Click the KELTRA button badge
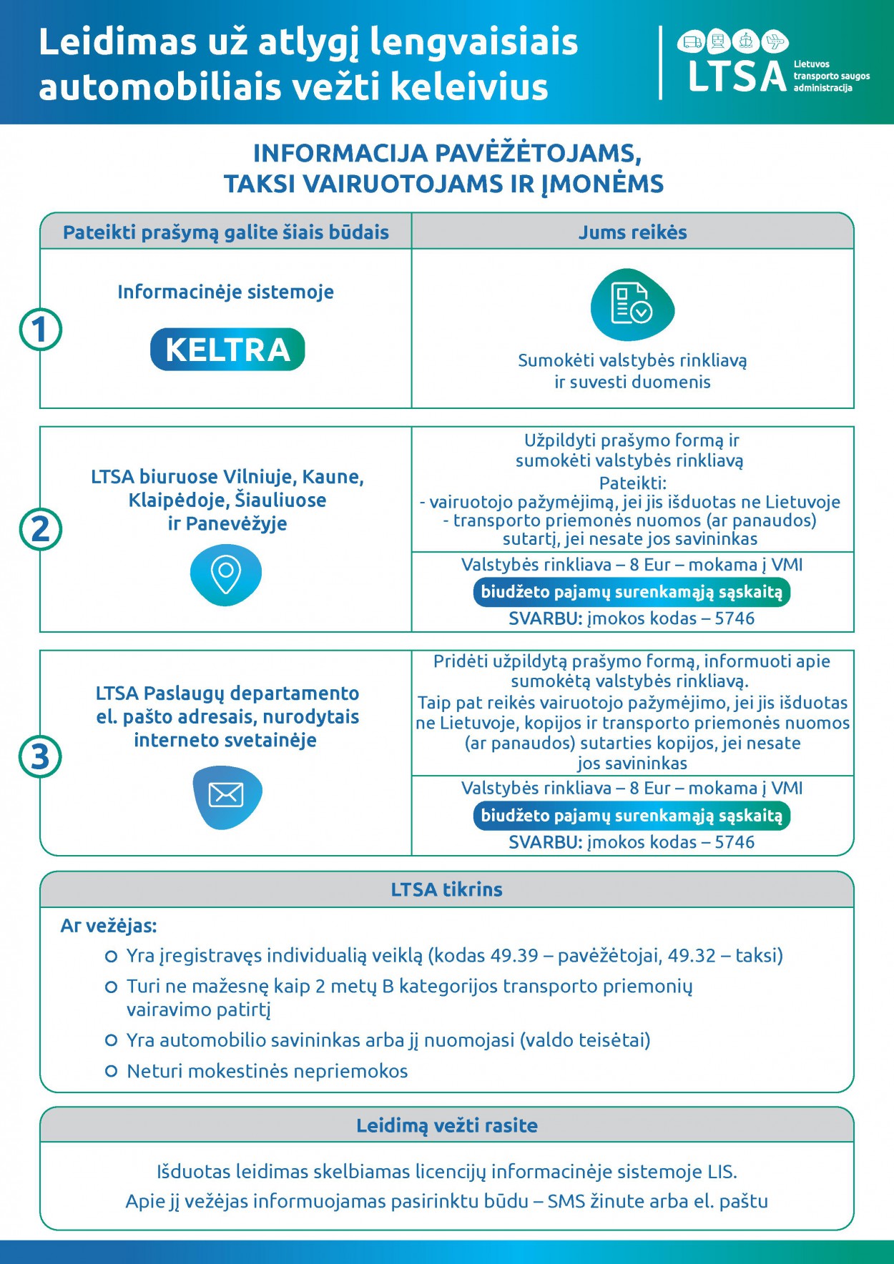point(227,350)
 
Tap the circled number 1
point(41,330)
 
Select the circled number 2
point(41,529)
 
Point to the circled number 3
point(41,756)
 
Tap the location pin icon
point(226,574)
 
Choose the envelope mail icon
point(226,795)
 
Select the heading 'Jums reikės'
point(632,232)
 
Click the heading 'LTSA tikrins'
point(446,889)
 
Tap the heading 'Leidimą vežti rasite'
point(446,1125)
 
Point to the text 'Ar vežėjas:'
point(109,926)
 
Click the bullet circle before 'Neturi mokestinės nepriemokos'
point(111,1071)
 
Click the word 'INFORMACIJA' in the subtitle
point(340,154)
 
